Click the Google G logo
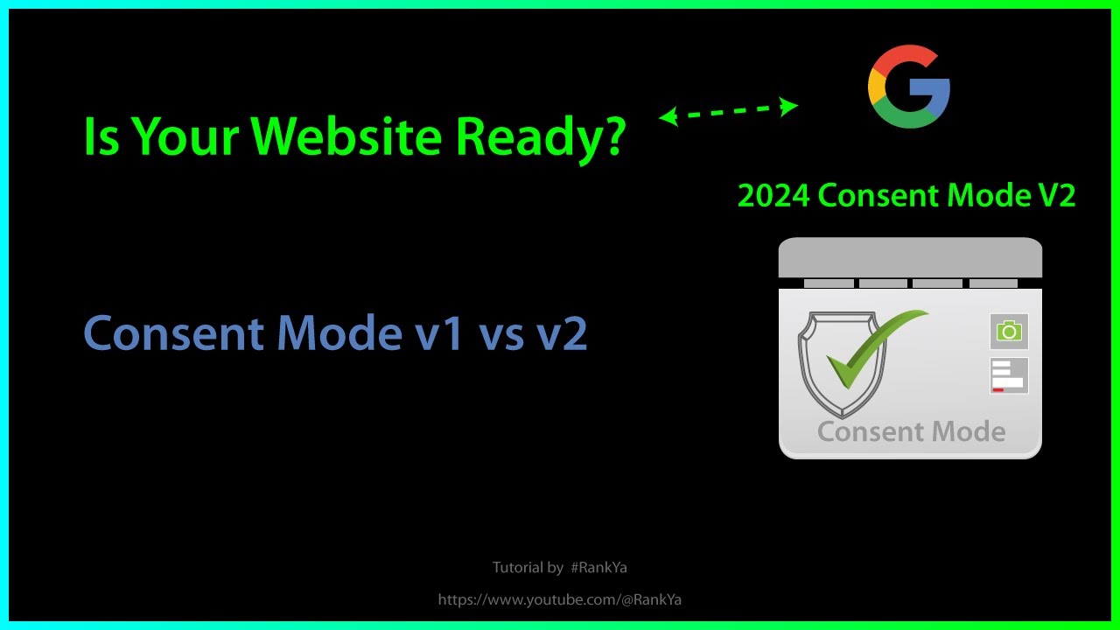coord(908,88)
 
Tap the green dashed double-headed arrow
coord(728,112)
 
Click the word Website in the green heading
coord(359,137)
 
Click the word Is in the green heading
coord(101,137)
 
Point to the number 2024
coord(773,196)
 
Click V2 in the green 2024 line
coord(1053,196)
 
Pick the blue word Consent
coord(173,333)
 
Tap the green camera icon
coord(1009,331)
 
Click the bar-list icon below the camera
coord(1009,375)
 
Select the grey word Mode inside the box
coord(968,431)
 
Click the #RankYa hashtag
coord(598,568)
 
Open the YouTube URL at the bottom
coord(560,599)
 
